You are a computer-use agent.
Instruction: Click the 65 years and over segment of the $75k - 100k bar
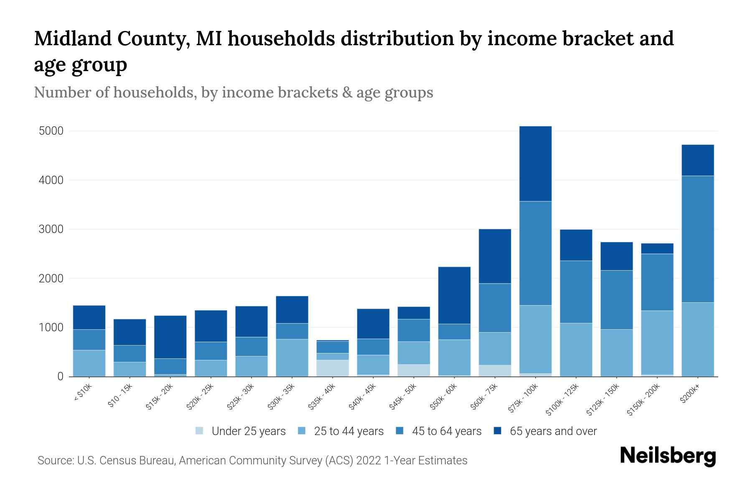point(535,164)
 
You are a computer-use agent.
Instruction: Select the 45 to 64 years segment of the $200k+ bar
point(698,239)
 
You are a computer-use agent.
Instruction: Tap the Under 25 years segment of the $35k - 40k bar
point(333,368)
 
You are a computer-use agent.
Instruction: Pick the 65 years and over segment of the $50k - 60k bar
point(454,295)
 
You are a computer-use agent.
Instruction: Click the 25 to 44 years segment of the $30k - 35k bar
point(292,357)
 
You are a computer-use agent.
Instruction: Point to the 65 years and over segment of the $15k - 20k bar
point(170,337)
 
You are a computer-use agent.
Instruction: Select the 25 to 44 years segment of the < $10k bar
point(89,363)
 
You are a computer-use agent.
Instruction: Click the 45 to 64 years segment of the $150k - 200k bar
point(657,282)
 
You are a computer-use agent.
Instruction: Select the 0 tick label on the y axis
point(61,376)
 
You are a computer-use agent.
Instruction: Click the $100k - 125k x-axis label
point(562,399)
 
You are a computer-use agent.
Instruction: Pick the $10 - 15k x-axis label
point(120,395)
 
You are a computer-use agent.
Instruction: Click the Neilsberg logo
point(668,456)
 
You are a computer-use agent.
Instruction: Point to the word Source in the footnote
point(54,461)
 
